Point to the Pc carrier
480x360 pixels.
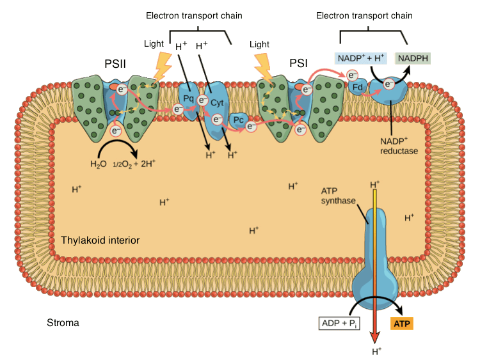click(x=237, y=119)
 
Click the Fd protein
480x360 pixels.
click(x=358, y=88)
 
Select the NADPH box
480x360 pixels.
click(x=413, y=59)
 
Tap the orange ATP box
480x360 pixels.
click(x=402, y=324)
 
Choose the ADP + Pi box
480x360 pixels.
click(x=341, y=324)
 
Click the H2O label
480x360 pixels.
click(x=97, y=164)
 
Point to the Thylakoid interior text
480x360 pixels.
click(x=100, y=240)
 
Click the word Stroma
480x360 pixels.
click(x=63, y=323)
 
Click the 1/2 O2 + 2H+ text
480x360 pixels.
click(x=134, y=164)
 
